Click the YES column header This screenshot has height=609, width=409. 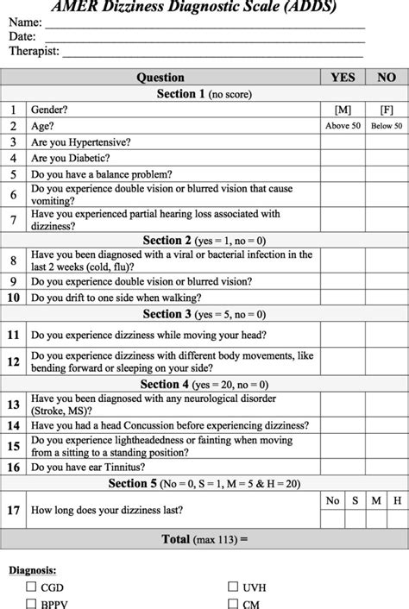(343, 78)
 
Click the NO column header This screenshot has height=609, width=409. (387, 78)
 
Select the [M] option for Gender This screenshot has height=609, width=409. (343, 110)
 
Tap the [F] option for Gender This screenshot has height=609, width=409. (387, 110)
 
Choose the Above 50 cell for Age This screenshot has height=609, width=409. (343, 127)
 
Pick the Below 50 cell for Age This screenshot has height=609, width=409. (387, 127)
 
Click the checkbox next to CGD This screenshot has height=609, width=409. (32, 587)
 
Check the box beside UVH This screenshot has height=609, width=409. (233, 587)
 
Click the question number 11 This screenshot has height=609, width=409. (14, 334)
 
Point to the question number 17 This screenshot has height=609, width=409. (14, 510)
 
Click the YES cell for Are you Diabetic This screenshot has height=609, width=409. (343, 159)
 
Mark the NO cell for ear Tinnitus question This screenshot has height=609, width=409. (387, 467)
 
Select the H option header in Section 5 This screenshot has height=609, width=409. (398, 499)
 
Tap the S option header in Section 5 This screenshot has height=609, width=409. (354, 499)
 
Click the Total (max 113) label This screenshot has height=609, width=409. (204, 540)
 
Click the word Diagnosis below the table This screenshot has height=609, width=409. (34, 569)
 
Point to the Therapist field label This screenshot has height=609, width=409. (35, 52)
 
